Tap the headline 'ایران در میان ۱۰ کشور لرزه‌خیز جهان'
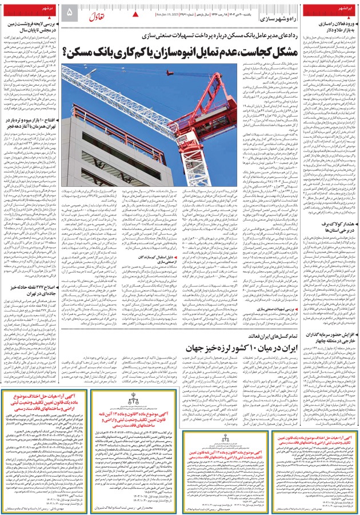237,349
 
